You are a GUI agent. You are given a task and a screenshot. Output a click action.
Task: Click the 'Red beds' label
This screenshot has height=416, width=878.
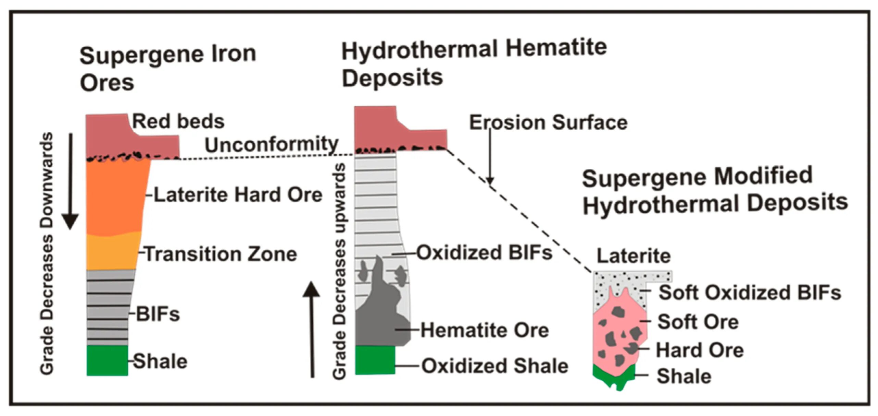pos(178,121)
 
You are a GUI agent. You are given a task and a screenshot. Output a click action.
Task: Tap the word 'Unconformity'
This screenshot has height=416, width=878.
pos(271,144)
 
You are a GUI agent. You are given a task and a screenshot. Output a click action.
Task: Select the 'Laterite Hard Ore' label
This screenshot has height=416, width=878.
pos(238,195)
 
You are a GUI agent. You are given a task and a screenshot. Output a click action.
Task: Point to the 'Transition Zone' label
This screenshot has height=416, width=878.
pos(221,254)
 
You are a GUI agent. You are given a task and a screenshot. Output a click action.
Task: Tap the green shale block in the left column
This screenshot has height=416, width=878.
pos(107,360)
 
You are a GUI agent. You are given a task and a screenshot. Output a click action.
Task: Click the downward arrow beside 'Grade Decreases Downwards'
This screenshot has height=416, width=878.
pos(71,182)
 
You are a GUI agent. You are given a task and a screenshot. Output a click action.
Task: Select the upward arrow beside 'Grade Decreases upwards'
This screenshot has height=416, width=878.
pos(312,329)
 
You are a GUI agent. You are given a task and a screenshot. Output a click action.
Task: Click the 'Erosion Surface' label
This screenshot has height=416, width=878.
pos(548,122)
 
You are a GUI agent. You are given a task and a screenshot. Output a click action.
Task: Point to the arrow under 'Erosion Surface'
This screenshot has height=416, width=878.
pos(490,158)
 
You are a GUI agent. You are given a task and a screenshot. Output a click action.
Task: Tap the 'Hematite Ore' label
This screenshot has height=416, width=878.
pos(485,330)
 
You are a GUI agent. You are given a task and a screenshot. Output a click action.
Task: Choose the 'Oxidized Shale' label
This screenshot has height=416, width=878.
pos(495,366)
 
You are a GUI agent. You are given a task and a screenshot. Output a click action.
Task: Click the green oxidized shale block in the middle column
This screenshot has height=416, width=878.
pos(375,360)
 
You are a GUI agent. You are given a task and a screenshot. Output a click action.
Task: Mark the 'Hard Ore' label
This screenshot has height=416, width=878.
pos(700,350)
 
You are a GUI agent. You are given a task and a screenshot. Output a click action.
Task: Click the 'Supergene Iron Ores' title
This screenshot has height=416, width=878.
pos(168,69)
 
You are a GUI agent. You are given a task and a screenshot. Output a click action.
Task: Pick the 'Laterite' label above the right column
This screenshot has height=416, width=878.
pos(634,256)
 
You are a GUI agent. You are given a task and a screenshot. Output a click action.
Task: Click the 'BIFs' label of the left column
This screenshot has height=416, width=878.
pos(158,314)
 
